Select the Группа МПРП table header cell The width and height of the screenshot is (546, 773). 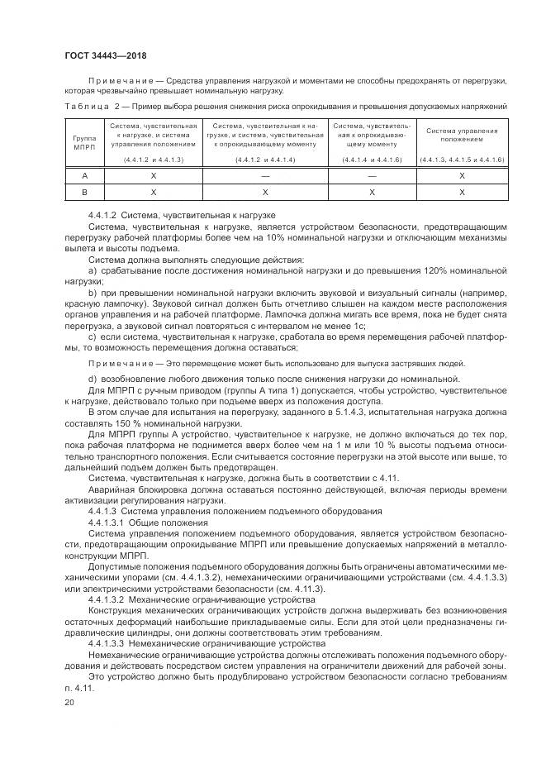[83, 141]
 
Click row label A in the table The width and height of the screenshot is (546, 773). [83, 175]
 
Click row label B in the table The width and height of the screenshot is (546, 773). [83, 191]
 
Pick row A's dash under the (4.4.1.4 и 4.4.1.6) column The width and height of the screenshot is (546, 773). [372, 175]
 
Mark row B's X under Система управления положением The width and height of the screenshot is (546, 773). [462, 191]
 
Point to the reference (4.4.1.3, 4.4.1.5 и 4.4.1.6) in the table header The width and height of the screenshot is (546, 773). [462, 159]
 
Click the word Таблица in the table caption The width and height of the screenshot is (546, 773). [86, 106]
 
